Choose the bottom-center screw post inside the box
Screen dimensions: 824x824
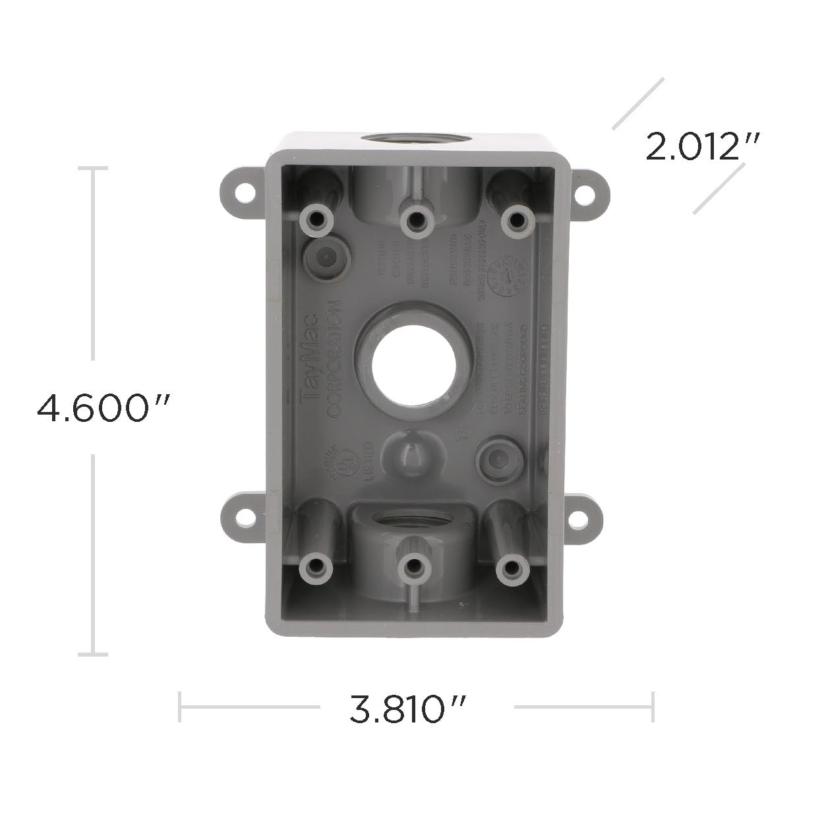tap(413, 567)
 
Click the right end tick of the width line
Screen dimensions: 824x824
tap(652, 706)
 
